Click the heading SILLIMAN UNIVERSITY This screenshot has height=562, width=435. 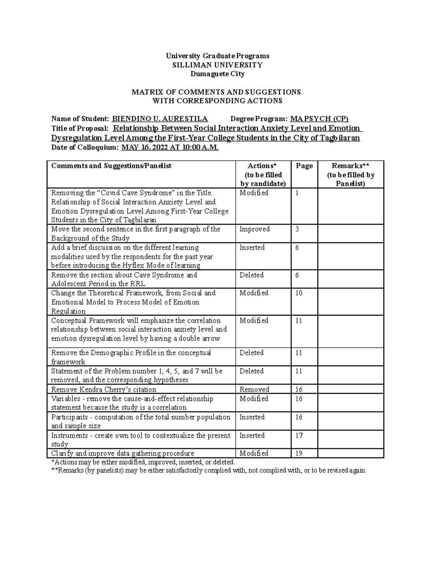tap(217, 65)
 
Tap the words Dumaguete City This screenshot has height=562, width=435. tap(217, 74)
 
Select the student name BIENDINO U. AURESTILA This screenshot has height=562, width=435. tap(160, 119)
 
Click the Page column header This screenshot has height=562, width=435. tap(304, 166)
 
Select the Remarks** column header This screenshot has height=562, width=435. tap(351, 174)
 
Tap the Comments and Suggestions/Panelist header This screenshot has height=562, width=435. tap(111, 166)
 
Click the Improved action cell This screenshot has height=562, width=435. tap(254, 229)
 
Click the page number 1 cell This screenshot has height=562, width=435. tap(297, 193)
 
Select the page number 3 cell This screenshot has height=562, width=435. tap(297, 229)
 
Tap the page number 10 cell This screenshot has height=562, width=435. tap(299, 293)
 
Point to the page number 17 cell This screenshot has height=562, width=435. tap(299, 435)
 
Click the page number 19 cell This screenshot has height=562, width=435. tap(299, 453)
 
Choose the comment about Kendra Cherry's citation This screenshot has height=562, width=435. tap(104, 389)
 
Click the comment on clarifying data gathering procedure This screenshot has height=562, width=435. tap(123, 453)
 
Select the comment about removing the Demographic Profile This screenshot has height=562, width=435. tap(131, 357)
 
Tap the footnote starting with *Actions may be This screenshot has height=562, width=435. tap(143, 462)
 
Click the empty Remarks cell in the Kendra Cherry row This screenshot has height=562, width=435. tap(351, 389)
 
